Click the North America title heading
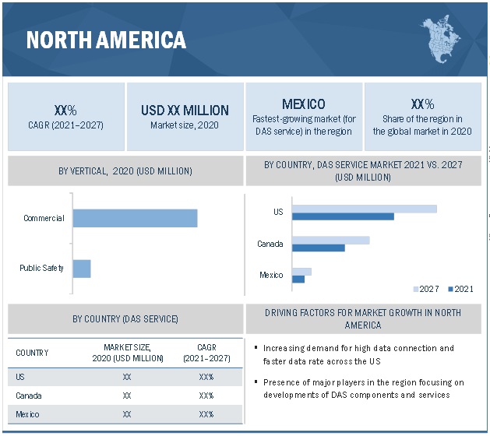tap(106, 39)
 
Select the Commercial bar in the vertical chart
tap(135, 218)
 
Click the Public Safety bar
tap(82, 269)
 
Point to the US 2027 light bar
tap(364, 209)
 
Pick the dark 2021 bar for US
tap(343, 216)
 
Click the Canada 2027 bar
tap(330, 241)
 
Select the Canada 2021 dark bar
tap(318, 248)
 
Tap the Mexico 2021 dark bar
tap(298, 279)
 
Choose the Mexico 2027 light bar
tap(301, 272)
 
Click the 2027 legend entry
tap(425, 289)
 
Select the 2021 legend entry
tap(460, 289)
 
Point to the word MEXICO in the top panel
tap(303, 104)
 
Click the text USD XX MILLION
tap(185, 111)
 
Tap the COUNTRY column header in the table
tap(32, 353)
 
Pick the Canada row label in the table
tap(29, 396)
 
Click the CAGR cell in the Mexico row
tap(206, 414)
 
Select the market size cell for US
tap(127, 377)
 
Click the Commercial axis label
tap(44, 218)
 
